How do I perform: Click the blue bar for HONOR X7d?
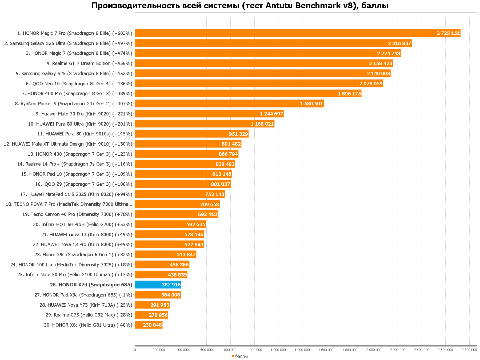[x=158, y=285]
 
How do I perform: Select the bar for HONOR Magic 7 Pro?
[x=297, y=33]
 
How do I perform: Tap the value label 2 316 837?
[x=399, y=43]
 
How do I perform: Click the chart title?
[x=240, y=5]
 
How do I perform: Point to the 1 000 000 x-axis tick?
[x=254, y=350]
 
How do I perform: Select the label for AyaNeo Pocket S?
[x=74, y=103]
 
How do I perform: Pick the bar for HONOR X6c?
[x=149, y=325]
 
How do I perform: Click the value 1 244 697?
[x=271, y=114]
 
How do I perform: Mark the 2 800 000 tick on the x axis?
[x=469, y=350]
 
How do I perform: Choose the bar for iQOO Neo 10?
[x=259, y=83]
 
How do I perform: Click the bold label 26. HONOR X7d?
[x=91, y=285]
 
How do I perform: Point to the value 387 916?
[x=171, y=285]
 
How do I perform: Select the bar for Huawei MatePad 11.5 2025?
[x=180, y=194]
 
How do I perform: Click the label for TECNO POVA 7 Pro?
[x=69, y=204]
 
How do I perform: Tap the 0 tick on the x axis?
[x=135, y=350]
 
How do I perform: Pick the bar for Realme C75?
[x=151, y=315]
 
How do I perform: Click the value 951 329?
[x=238, y=134]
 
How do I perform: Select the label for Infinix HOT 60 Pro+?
[x=83, y=225]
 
